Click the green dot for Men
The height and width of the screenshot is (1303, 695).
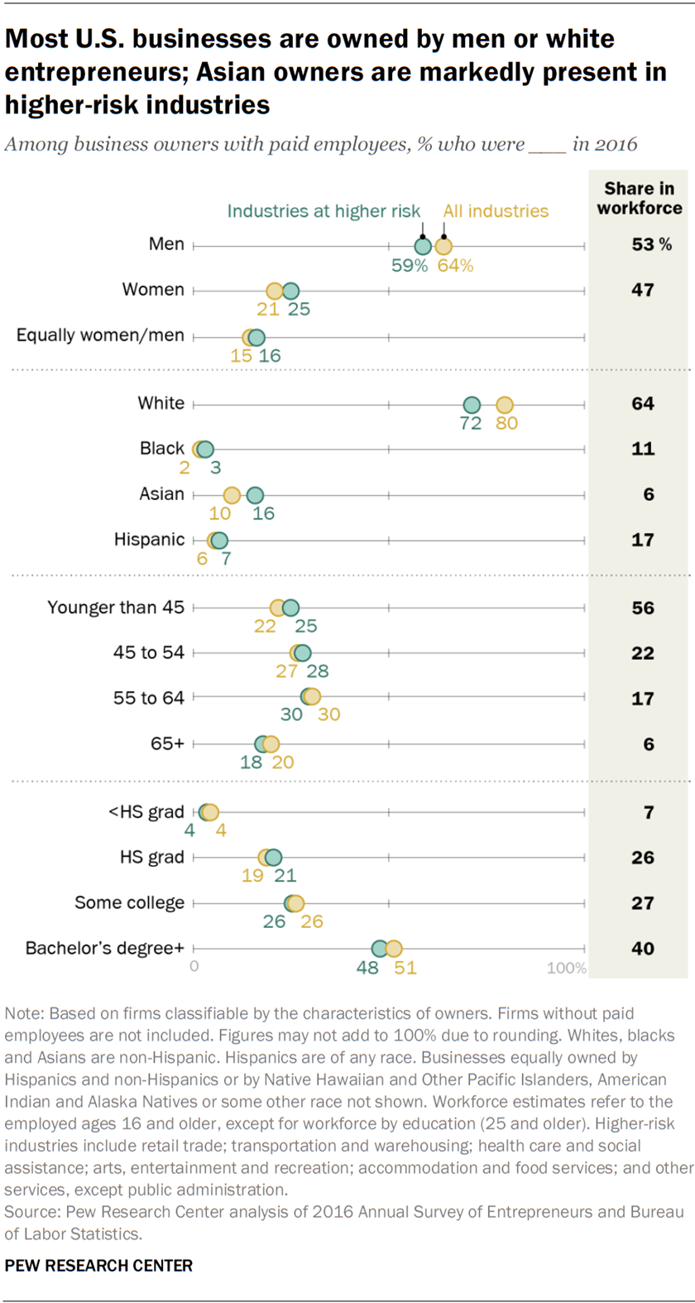click(423, 246)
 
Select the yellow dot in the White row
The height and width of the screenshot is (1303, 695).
click(505, 405)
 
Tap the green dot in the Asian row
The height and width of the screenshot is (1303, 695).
click(255, 495)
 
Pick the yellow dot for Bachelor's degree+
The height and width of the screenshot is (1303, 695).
click(394, 949)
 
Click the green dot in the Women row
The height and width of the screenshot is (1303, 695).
click(290, 291)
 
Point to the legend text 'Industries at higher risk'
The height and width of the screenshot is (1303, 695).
click(324, 211)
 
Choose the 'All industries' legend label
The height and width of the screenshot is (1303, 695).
click(496, 211)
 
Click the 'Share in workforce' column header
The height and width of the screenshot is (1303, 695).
click(640, 199)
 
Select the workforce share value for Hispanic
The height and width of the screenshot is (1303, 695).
click(643, 540)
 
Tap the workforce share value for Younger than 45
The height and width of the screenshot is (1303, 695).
click(643, 608)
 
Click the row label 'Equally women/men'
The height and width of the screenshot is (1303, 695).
click(100, 335)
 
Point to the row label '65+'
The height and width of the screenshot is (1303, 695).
click(167, 743)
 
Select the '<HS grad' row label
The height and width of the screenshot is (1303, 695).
click(146, 812)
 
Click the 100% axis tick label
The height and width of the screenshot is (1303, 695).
click(567, 968)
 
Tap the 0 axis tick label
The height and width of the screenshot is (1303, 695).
click(194, 966)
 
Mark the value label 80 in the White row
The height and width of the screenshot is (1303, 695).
click(506, 424)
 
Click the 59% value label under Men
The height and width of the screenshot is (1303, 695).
click(410, 266)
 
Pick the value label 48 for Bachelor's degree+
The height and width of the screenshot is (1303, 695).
click(367, 968)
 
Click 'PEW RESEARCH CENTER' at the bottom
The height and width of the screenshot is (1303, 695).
click(98, 1266)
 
